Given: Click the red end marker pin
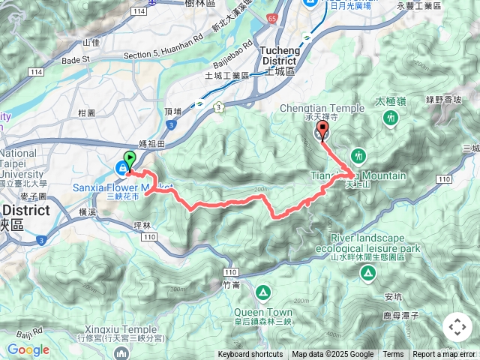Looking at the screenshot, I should click(x=323, y=130).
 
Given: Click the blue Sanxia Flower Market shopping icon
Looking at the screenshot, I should click(x=121, y=167).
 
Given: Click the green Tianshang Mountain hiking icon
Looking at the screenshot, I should click(x=358, y=155).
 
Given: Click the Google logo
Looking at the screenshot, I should click(x=28, y=350).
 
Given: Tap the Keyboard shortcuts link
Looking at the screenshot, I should click(x=250, y=355).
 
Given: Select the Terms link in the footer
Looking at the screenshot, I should click(x=393, y=355).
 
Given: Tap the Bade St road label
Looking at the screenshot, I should click(x=76, y=59).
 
